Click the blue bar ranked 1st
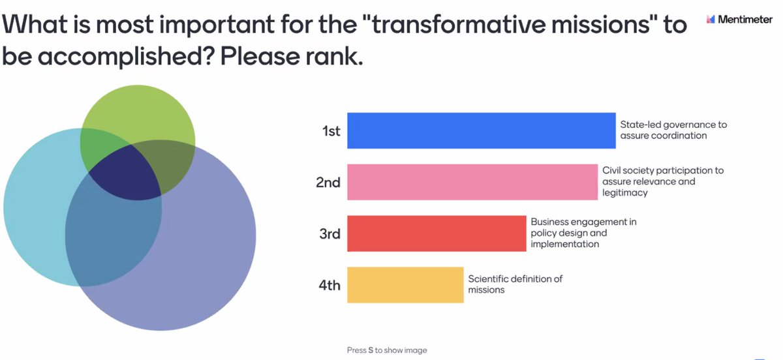(481, 130)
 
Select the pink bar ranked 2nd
(472, 182)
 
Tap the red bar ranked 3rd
(437, 233)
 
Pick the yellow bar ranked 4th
(405, 285)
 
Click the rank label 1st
(331, 131)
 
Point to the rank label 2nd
(328, 183)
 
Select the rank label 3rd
(330, 233)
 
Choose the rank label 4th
(330, 285)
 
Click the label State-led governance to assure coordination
(673, 130)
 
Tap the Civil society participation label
(662, 181)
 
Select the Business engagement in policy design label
(583, 233)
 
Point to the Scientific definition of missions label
(515, 284)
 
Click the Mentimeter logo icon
(711, 20)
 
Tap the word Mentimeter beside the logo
(745, 20)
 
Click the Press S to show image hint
(386, 350)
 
